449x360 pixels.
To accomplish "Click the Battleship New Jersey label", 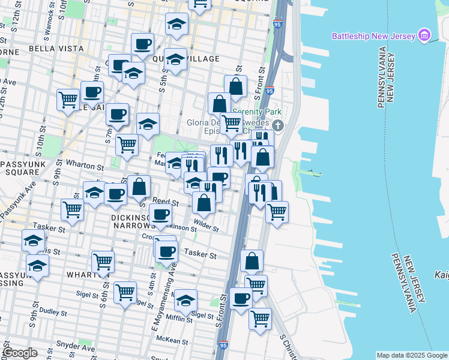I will [373, 36].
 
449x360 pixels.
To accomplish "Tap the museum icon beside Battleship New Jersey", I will [425, 35].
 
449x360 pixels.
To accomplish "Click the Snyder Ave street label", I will [75, 347].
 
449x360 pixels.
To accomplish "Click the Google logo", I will [20, 353].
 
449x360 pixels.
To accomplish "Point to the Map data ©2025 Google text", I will [411, 355].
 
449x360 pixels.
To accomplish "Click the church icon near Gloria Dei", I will [277, 125].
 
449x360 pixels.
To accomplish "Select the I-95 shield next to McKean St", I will [223, 346].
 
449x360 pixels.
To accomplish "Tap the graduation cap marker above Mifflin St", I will [186, 298].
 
